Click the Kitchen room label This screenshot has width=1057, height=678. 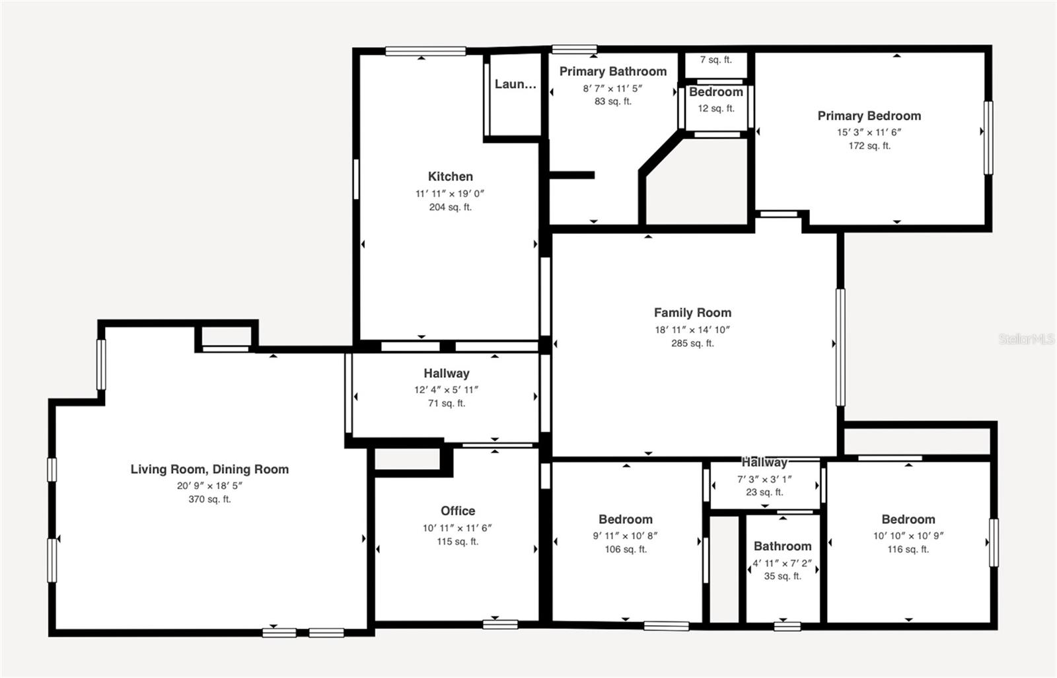(450, 176)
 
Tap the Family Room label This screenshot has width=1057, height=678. (692, 313)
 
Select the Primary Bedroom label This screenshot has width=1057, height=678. (869, 116)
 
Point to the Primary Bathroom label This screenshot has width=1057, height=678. (613, 71)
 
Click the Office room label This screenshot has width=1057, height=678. (458, 511)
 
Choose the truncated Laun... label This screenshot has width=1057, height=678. (515, 84)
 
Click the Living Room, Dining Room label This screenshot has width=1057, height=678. (209, 469)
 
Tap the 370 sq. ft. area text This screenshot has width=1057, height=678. (209, 499)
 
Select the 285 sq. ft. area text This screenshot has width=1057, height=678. (692, 343)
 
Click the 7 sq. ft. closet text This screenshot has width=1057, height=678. (716, 59)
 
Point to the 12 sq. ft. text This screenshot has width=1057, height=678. (716, 108)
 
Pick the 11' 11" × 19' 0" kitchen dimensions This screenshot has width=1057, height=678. (450, 194)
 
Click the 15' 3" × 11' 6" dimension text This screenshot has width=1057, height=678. (869, 132)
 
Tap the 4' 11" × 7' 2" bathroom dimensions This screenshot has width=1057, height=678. (782, 563)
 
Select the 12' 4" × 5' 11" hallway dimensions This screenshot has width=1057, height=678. (447, 389)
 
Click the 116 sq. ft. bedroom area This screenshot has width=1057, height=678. (908, 549)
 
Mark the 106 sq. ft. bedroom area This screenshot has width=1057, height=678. (626, 549)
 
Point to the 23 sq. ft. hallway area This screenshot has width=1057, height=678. (764, 492)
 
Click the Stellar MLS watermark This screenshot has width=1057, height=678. (1027, 338)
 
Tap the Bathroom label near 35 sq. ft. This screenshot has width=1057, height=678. (782, 546)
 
